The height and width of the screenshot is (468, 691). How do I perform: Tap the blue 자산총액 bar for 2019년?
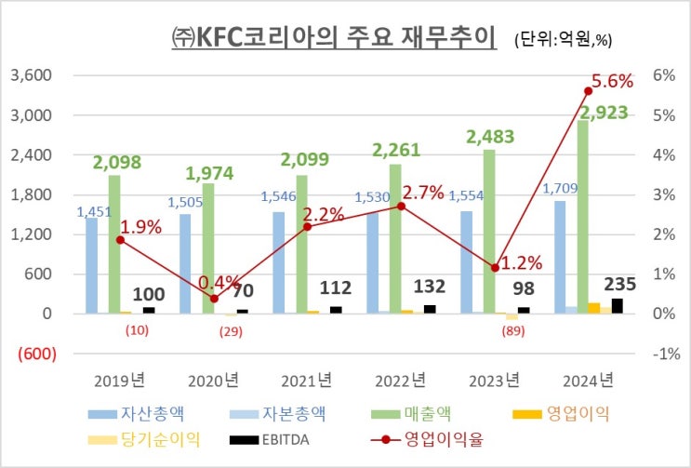click(x=91, y=265)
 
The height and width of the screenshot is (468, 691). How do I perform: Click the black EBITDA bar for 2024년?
click(x=618, y=305)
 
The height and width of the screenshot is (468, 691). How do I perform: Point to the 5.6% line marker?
click(x=588, y=90)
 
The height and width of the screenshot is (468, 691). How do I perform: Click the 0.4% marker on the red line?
click(x=215, y=299)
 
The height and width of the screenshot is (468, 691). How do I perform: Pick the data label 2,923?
click(x=603, y=113)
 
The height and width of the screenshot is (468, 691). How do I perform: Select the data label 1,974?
click(x=209, y=172)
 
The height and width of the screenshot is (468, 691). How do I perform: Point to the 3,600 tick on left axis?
click(x=31, y=75)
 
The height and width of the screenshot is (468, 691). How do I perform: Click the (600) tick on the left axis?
click(x=33, y=354)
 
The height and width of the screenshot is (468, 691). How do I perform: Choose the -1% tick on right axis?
click(x=661, y=354)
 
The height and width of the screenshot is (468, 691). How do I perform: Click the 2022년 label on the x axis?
click(x=398, y=380)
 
